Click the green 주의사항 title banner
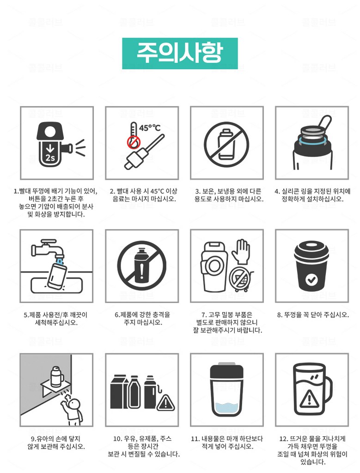point(180,54)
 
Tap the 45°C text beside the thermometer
point(150,128)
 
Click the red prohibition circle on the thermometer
point(134,142)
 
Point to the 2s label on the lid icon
point(50,157)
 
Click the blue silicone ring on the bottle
point(312,140)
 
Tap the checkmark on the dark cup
point(311,279)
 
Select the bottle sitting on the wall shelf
point(56,376)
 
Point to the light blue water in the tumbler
point(226,409)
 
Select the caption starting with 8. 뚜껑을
point(313,315)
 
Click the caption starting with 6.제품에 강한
point(142,319)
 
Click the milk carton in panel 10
point(119,392)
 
